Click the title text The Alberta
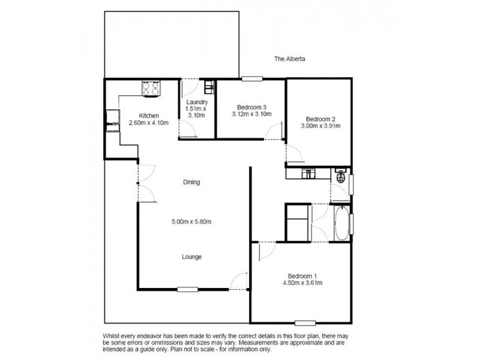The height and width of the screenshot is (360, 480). tap(289, 59)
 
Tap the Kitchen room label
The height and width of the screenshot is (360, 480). tap(149, 116)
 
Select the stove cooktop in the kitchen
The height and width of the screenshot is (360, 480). tap(151, 88)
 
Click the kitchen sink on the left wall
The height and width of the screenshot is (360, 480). tap(113, 121)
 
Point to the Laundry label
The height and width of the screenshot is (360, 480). tap(197, 102)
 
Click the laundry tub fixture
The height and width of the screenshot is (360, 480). tap(209, 86)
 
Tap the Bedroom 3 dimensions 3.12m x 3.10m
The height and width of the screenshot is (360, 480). tap(251, 114)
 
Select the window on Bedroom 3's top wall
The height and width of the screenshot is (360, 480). tap(252, 79)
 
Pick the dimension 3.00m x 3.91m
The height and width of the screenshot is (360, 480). tap(320, 126)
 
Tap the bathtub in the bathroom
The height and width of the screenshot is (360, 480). tap(341, 223)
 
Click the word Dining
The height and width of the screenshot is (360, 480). tap(191, 182)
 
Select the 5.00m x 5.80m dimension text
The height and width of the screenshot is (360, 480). tap(191, 221)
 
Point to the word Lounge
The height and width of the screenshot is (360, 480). tap(191, 257)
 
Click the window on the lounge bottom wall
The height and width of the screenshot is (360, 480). tap(188, 289)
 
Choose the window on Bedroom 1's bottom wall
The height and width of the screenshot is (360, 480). tap(305, 323)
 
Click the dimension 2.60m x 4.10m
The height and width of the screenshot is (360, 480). tap(149, 123)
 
